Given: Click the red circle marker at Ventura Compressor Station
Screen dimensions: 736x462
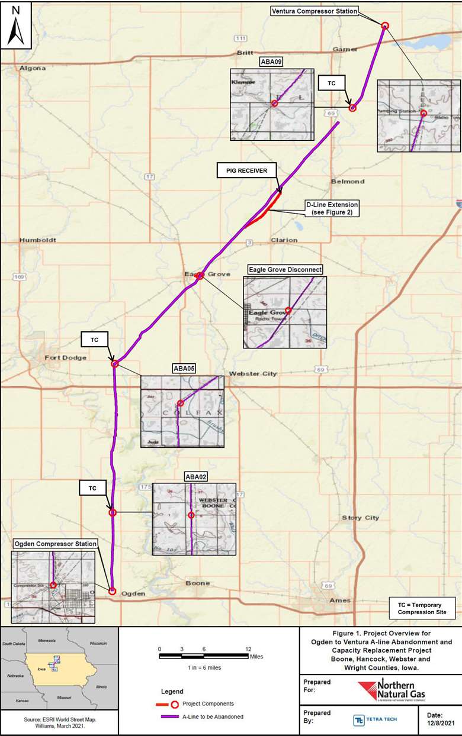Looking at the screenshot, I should click(x=385, y=25).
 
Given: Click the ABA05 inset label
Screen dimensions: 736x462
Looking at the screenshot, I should click(x=184, y=368).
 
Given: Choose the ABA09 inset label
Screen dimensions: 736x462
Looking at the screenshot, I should click(x=271, y=61).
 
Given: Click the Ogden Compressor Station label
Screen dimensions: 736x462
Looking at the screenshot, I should click(x=55, y=544).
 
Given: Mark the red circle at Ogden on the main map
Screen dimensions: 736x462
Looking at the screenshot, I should click(x=112, y=590).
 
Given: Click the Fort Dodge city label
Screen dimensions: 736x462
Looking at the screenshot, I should click(x=65, y=357).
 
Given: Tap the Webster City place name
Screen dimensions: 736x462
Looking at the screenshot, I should click(x=253, y=374).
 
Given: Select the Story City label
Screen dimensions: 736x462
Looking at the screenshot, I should click(x=360, y=518).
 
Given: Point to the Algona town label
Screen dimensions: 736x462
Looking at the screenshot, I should click(x=33, y=68).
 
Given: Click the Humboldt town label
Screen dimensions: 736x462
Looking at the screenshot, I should click(x=37, y=240).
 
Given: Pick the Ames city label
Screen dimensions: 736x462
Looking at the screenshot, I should click(x=339, y=600).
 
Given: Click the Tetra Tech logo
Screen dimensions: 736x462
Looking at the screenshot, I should click(x=376, y=720).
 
